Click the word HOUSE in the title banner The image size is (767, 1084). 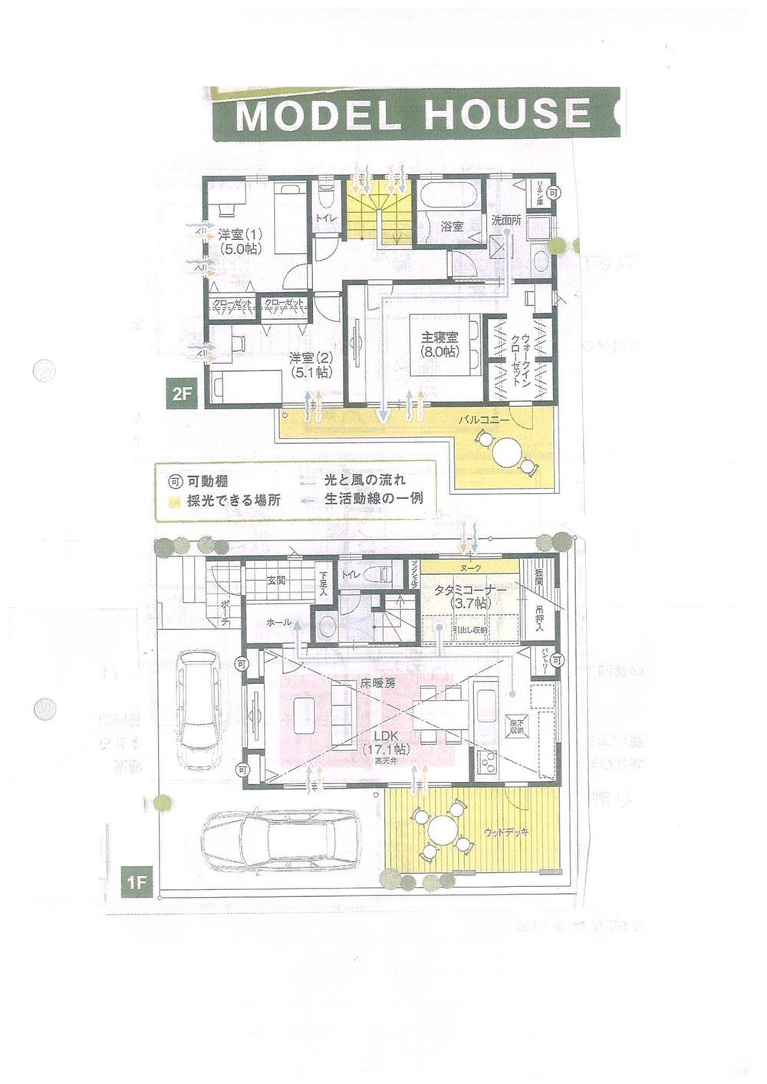coord(507,113)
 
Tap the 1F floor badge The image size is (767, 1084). coord(137,882)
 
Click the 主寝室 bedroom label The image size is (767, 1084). coord(439,343)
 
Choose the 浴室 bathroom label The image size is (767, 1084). coord(452,227)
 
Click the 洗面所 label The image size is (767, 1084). coord(506,219)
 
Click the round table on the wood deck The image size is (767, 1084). coord(443,830)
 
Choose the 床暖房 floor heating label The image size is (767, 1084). coord(377,682)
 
